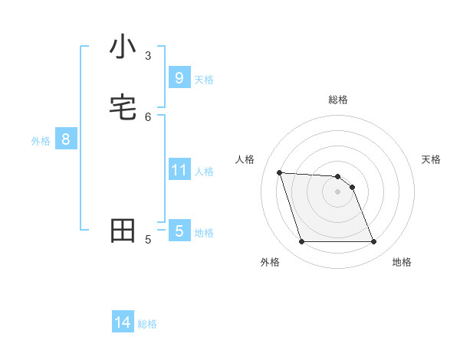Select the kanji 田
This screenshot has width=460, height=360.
(x=123, y=231)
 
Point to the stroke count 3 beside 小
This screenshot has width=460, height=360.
(x=148, y=55)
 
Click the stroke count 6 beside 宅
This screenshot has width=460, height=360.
(x=148, y=116)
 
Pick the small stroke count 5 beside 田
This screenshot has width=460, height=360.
(x=148, y=240)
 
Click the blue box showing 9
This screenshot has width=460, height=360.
(x=179, y=77)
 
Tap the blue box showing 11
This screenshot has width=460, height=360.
(x=179, y=169)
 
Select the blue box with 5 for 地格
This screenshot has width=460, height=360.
(x=179, y=231)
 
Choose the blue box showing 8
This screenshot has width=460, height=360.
(x=66, y=139)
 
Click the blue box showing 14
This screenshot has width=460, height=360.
(x=123, y=322)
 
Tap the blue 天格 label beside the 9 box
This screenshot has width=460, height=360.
(x=204, y=79)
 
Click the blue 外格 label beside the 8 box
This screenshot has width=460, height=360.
(x=41, y=141)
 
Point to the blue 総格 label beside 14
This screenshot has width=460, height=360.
(x=147, y=324)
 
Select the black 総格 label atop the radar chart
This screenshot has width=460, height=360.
(x=338, y=100)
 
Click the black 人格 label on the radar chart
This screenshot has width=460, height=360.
(x=245, y=159)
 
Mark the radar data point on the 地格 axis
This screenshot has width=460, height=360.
(x=374, y=242)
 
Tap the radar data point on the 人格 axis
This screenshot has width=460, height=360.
(x=279, y=172)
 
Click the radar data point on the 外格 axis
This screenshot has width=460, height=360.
(x=301, y=242)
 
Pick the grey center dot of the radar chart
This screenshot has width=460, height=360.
(x=338, y=191)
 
